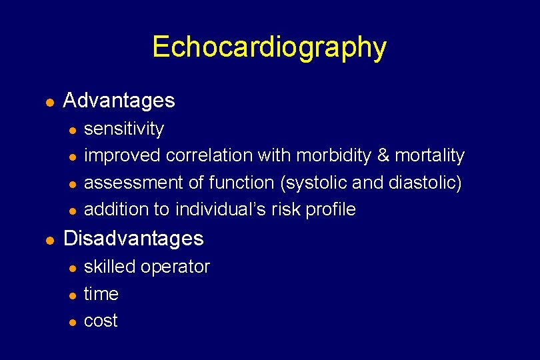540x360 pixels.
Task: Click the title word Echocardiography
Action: click(269, 47)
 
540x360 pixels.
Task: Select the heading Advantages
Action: click(119, 101)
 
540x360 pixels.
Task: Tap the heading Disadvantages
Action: click(133, 238)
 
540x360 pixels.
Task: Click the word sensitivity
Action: click(124, 128)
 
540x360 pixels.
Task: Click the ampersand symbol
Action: click(383, 155)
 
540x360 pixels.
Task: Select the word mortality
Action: click(429, 155)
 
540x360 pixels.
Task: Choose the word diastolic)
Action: click(426, 183)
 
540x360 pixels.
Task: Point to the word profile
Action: click(331, 209)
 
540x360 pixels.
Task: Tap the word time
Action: click(101, 294)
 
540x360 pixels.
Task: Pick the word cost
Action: click(101, 321)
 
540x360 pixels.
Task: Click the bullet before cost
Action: click(71, 322)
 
